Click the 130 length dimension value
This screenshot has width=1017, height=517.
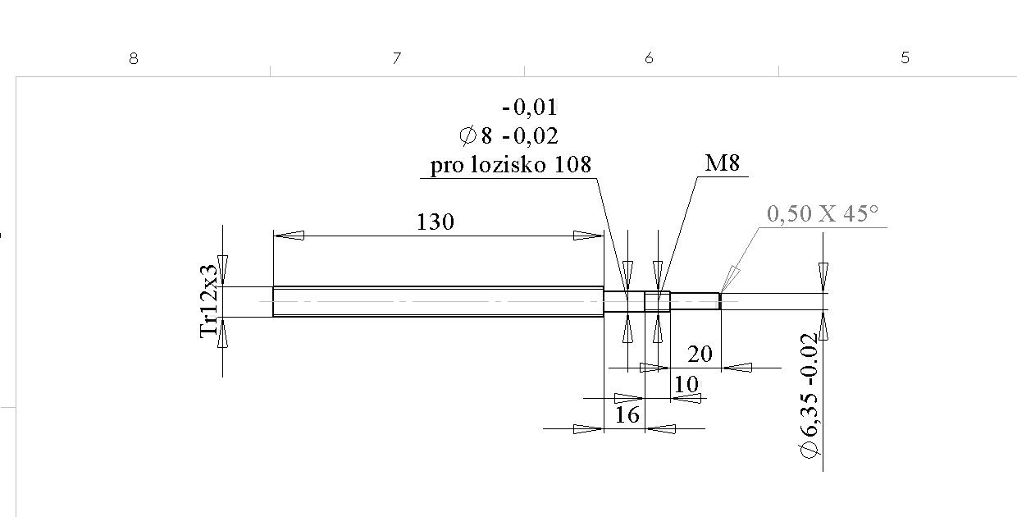[435, 222]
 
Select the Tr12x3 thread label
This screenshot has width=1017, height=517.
[210, 300]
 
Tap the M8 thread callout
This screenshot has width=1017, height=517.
[722, 163]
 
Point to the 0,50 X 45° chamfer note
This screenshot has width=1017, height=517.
[822, 214]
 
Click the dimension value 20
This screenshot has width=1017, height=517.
[699, 355]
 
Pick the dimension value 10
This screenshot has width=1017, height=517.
[686, 384]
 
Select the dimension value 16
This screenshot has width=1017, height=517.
[627, 415]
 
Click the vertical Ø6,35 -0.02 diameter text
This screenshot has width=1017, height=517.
[809, 395]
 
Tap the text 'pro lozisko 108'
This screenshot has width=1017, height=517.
[510, 165]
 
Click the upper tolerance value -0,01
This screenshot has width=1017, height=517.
[530, 108]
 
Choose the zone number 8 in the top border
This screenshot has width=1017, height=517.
[134, 58]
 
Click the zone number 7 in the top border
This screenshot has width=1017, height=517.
[397, 58]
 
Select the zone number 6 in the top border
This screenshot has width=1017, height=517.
[649, 58]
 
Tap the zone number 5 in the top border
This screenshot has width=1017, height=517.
[905, 58]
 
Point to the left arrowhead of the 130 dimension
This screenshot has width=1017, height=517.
[289, 236]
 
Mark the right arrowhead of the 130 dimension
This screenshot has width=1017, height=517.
[588, 236]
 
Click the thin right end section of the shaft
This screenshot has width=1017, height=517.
[695, 301]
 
